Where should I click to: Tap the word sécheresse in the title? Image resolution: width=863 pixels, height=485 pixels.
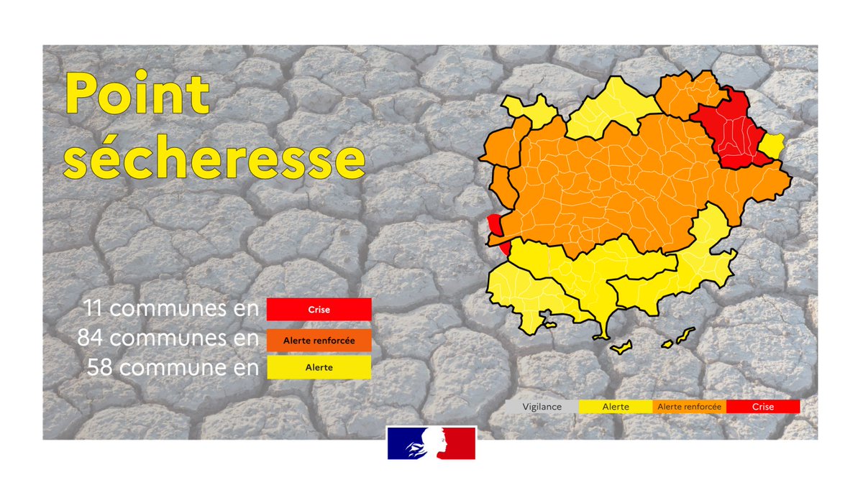point(214,157)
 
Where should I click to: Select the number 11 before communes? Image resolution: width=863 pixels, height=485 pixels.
point(93,308)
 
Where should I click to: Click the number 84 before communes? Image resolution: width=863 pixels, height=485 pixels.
point(90,338)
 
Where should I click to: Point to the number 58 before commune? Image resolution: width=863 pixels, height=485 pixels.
point(100,367)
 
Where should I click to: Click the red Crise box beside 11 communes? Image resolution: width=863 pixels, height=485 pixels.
point(319,310)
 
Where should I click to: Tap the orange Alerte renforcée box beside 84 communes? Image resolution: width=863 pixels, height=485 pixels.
point(319,341)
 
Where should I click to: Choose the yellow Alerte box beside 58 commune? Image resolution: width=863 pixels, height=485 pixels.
point(319,367)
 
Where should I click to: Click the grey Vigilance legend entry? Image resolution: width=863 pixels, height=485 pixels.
point(542,407)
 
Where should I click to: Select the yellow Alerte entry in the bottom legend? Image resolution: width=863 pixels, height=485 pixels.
point(616,407)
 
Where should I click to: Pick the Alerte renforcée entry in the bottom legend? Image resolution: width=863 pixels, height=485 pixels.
point(689,407)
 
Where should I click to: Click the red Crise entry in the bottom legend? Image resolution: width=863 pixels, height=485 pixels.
point(763,407)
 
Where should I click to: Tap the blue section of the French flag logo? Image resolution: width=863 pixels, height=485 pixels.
point(403,443)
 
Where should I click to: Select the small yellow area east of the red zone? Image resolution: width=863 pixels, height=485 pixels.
point(772,145)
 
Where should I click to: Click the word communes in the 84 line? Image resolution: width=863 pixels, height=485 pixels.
point(165,338)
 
